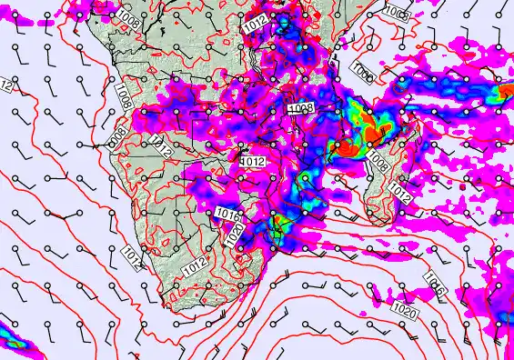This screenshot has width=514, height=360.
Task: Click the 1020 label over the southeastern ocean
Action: coord(406,312)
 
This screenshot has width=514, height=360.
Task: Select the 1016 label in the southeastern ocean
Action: coord(434,286)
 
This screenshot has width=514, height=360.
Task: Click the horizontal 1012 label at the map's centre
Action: coord(252,161)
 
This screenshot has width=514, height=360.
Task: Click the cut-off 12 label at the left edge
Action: coord(5,86)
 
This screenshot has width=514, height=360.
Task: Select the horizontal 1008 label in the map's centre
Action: coord(300,108)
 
